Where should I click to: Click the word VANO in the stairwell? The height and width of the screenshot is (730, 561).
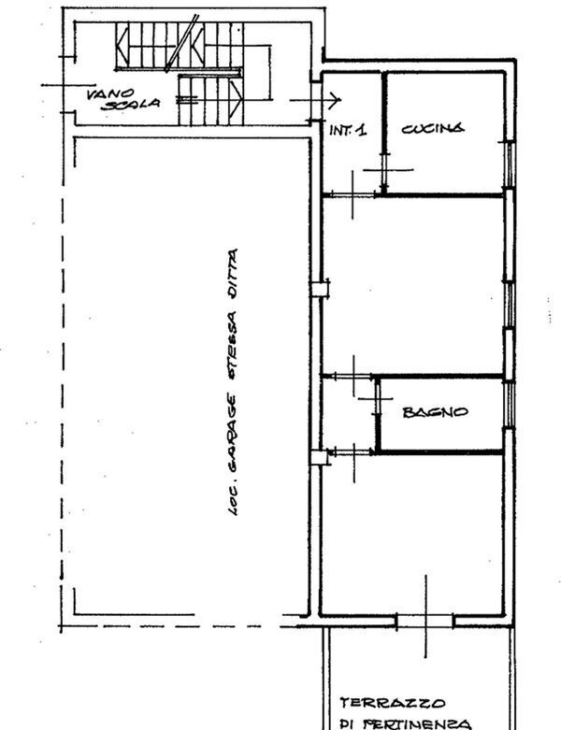(110, 94)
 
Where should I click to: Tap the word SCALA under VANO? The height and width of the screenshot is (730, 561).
(131, 104)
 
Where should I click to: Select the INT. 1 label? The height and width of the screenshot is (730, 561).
(348, 129)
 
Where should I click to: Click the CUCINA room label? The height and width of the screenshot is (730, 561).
(433, 128)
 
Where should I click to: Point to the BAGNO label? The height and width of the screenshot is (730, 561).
(436, 412)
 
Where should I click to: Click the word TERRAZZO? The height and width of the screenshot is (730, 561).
(393, 703)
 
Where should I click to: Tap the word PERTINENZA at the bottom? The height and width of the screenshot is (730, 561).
(417, 724)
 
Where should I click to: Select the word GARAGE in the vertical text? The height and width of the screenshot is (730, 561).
(233, 428)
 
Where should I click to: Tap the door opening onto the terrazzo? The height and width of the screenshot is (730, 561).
(425, 621)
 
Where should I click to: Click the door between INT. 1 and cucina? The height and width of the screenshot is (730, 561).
(383, 172)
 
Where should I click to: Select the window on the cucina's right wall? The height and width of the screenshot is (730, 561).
(510, 165)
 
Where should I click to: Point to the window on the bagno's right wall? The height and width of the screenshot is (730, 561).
(510, 404)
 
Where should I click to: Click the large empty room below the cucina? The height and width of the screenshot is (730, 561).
(413, 285)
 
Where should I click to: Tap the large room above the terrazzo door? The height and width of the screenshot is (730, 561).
(412, 533)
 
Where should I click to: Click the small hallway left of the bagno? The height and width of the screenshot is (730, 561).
(349, 414)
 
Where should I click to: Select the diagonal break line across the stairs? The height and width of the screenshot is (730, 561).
(182, 43)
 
